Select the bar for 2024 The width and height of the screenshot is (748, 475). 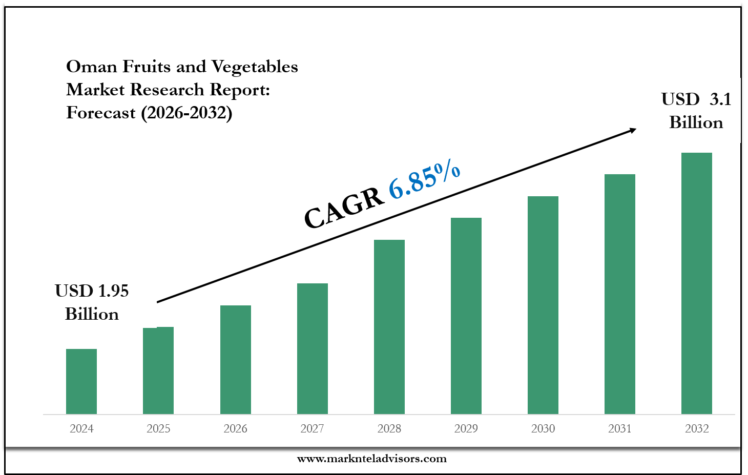point(81,381)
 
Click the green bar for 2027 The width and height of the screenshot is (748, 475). point(312,348)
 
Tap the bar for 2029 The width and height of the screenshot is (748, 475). point(466,316)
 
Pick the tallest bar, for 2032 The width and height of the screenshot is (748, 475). point(696,283)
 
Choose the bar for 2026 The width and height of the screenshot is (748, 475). point(235,360)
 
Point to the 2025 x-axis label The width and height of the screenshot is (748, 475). point(158,428)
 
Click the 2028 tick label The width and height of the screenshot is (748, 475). point(389,428)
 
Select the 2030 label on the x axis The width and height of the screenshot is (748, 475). point(543,428)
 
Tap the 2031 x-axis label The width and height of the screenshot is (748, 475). point(619,428)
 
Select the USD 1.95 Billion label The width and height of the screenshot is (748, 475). point(92,302)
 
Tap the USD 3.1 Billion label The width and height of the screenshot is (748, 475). point(696,111)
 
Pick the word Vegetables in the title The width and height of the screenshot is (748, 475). point(254,67)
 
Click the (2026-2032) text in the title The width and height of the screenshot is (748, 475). point(186,113)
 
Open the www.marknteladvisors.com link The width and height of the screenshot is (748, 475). point(372,459)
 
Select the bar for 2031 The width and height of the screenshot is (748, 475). point(619,294)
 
